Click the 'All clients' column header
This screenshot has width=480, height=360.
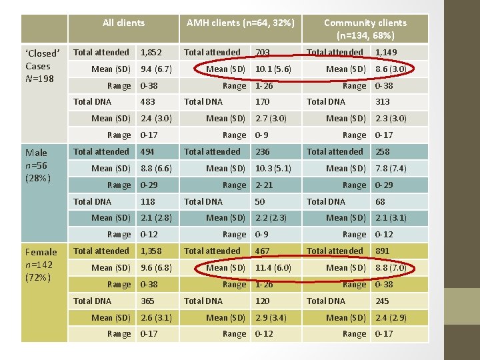[x=123, y=23]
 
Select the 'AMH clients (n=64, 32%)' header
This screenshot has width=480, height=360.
[x=240, y=23]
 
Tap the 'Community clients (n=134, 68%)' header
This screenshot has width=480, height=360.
[x=365, y=29]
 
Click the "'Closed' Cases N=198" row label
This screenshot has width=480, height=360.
[x=43, y=66]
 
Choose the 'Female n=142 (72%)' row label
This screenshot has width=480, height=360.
[x=41, y=265]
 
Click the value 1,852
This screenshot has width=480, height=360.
[x=151, y=52]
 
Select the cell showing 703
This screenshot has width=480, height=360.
[x=262, y=52]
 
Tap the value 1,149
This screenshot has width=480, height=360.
[x=386, y=52]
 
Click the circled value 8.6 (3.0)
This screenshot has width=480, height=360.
[x=391, y=69]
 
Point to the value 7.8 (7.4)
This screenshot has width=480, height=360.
[x=391, y=168]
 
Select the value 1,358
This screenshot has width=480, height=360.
[x=151, y=251]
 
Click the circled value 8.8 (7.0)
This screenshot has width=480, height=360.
[x=391, y=267]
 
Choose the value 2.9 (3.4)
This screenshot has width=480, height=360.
[x=271, y=317]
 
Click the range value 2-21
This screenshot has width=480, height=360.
[x=264, y=185]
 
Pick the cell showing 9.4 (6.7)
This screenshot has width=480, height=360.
[x=156, y=69]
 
